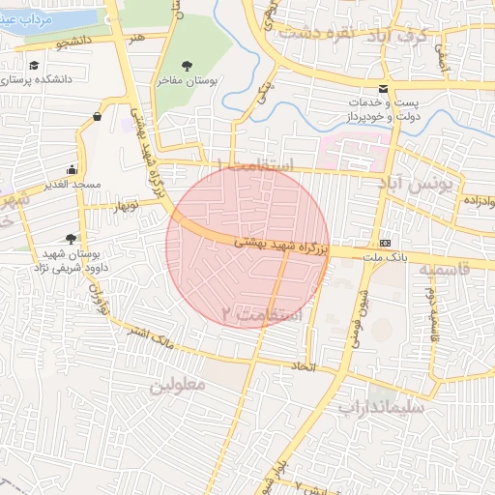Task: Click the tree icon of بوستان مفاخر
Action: coord(187,66)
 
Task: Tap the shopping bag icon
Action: coord(98,117)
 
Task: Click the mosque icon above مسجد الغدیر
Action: coord(72,168)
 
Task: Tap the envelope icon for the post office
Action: coord(385,88)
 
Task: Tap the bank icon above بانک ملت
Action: coord(386,241)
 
